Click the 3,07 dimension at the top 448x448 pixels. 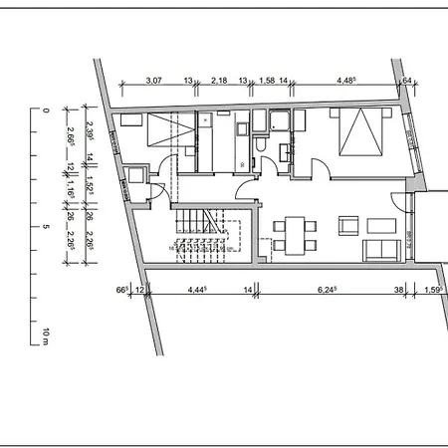[153, 80]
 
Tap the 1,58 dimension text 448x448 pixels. [266, 80]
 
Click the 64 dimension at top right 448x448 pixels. [406, 80]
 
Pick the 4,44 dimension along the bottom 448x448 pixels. [202, 291]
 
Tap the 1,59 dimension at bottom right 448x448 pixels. [433, 291]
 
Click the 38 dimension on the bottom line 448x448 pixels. [399, 291]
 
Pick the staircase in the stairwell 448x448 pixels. [205, 239]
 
